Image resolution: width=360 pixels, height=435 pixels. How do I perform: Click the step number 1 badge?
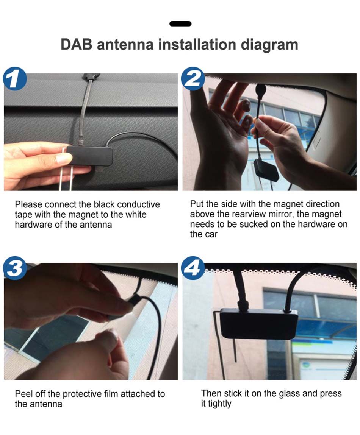(x=15, y=80)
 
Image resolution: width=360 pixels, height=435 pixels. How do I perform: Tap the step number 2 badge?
(x=193, y=79)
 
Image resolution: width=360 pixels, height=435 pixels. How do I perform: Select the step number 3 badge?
(x=15, y=268)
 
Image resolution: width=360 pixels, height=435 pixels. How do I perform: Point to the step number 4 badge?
(x=193, y=268)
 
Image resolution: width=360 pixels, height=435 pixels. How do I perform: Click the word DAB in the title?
(x=77, y=45)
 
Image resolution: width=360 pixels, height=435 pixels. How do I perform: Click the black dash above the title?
(x=180, y=24)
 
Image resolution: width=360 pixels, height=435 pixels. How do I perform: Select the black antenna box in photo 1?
(x=90, y=156)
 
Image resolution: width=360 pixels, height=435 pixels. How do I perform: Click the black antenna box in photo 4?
(x=258, y=323)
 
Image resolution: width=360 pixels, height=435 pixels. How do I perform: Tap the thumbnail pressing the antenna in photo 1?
(x=64, y=158)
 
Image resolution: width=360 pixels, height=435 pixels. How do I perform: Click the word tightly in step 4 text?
(x=219, y=404)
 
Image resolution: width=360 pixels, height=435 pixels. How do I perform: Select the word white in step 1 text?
(x=136, y=214)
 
